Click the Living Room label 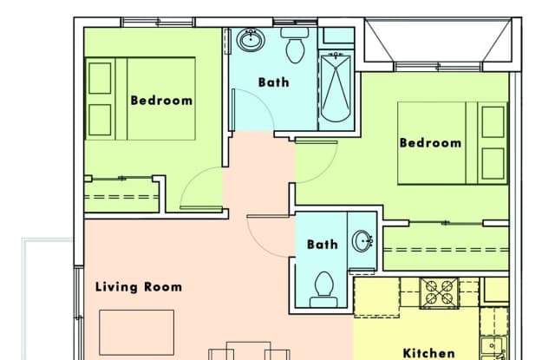coord(139,287)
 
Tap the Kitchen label coord(429,353)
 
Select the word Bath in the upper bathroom coord(274,82)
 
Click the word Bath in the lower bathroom coord(322,245)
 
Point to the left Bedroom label coord(162,101)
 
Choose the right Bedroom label coord(430,142)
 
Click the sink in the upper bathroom coord(251,40)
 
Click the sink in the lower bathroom coord(362,241)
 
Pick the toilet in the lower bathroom coord(323,290)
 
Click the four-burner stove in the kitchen coord(439,292)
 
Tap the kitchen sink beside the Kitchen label coord(494,348)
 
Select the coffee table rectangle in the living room coord(137,332)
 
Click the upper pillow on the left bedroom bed coord(100,78)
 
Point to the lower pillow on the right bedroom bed coord(493,164)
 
